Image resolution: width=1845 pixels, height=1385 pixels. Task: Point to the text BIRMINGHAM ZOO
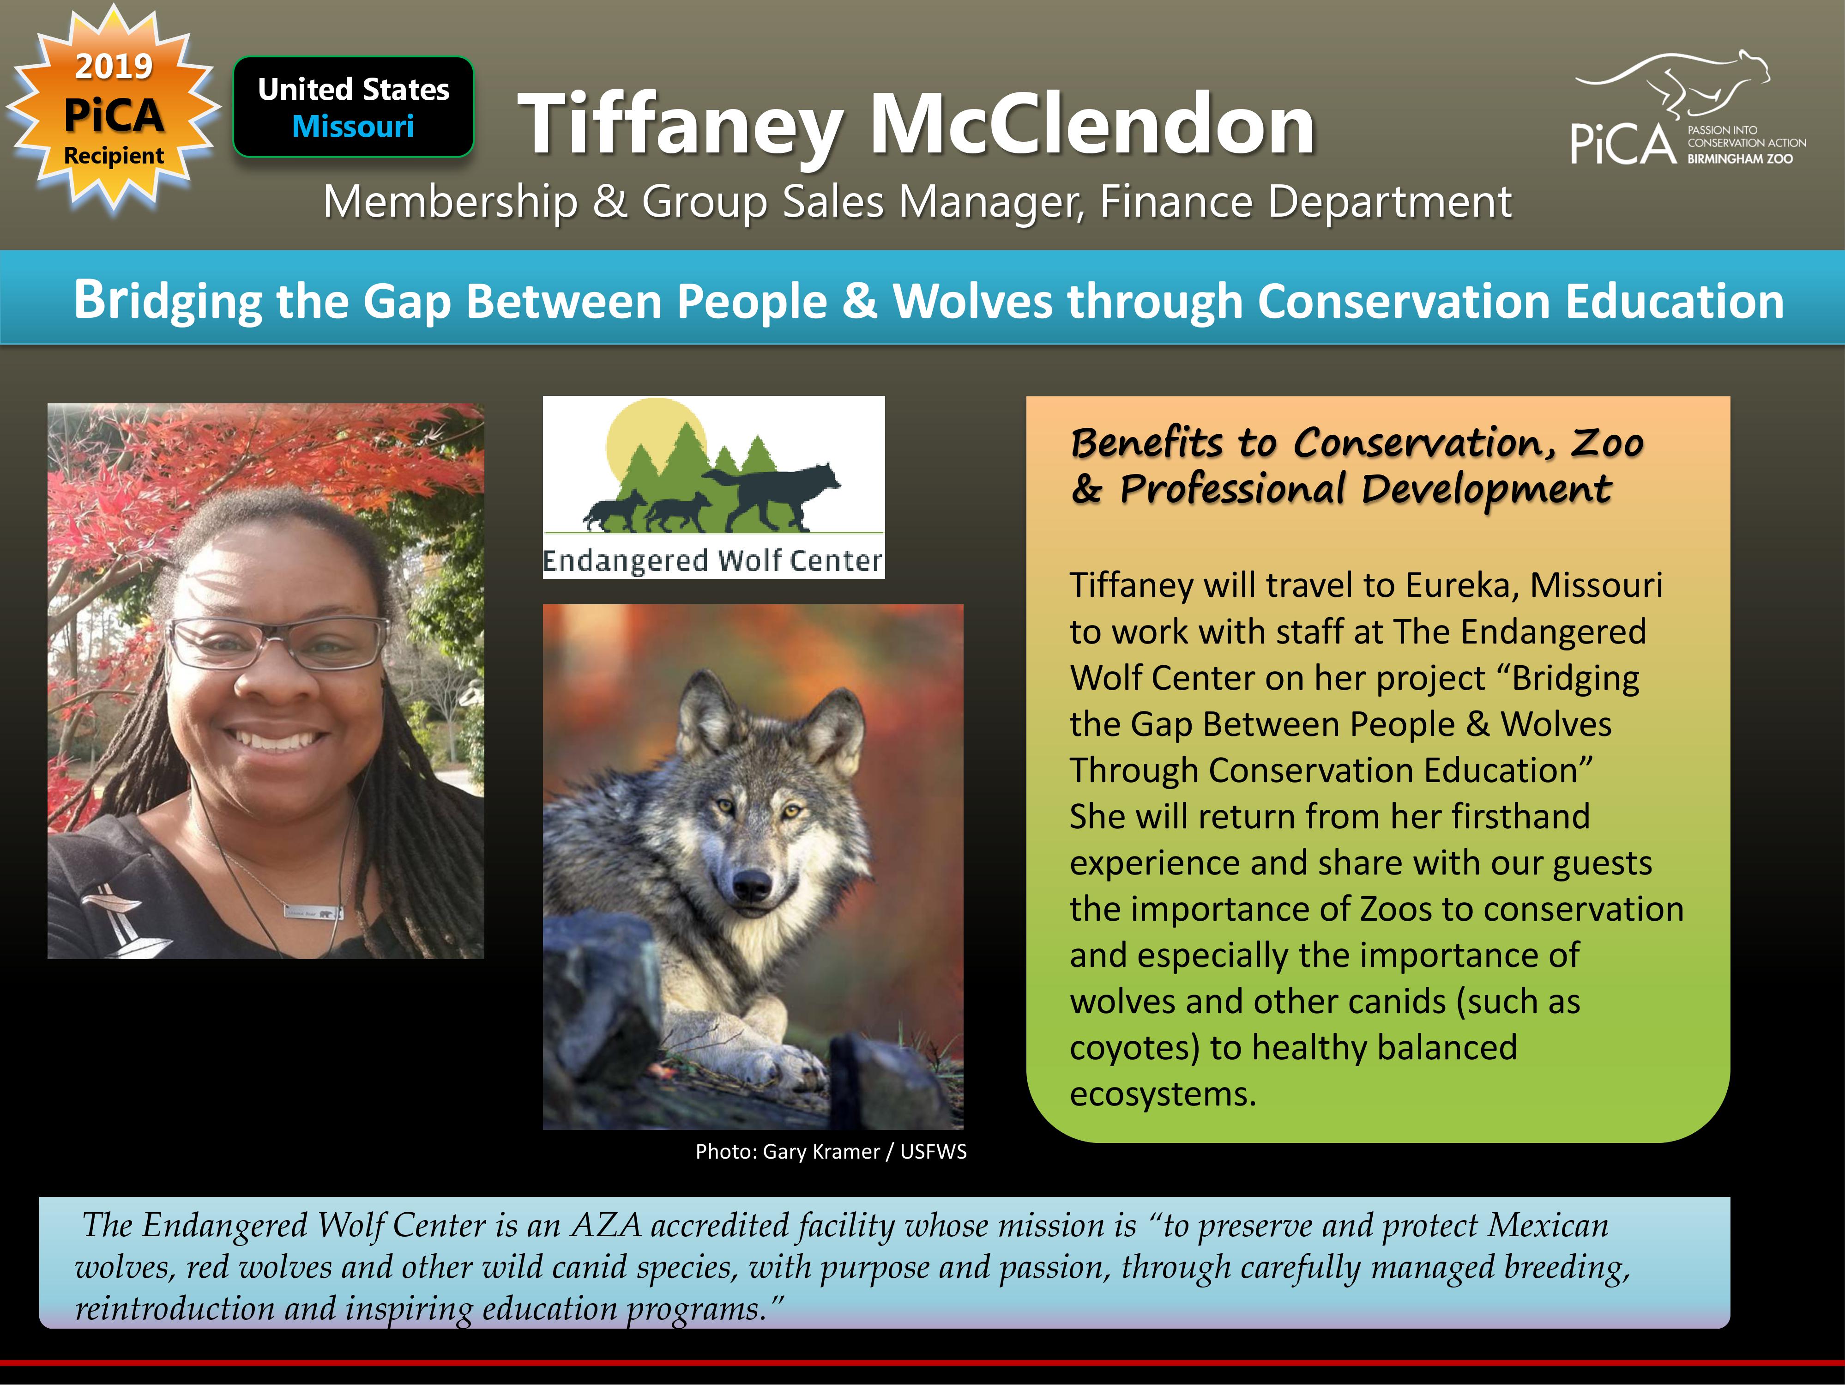[1740, 158]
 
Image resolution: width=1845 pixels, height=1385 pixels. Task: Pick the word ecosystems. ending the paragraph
[1163, 1094]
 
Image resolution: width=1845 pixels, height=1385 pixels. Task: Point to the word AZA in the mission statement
[606, 1225]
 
